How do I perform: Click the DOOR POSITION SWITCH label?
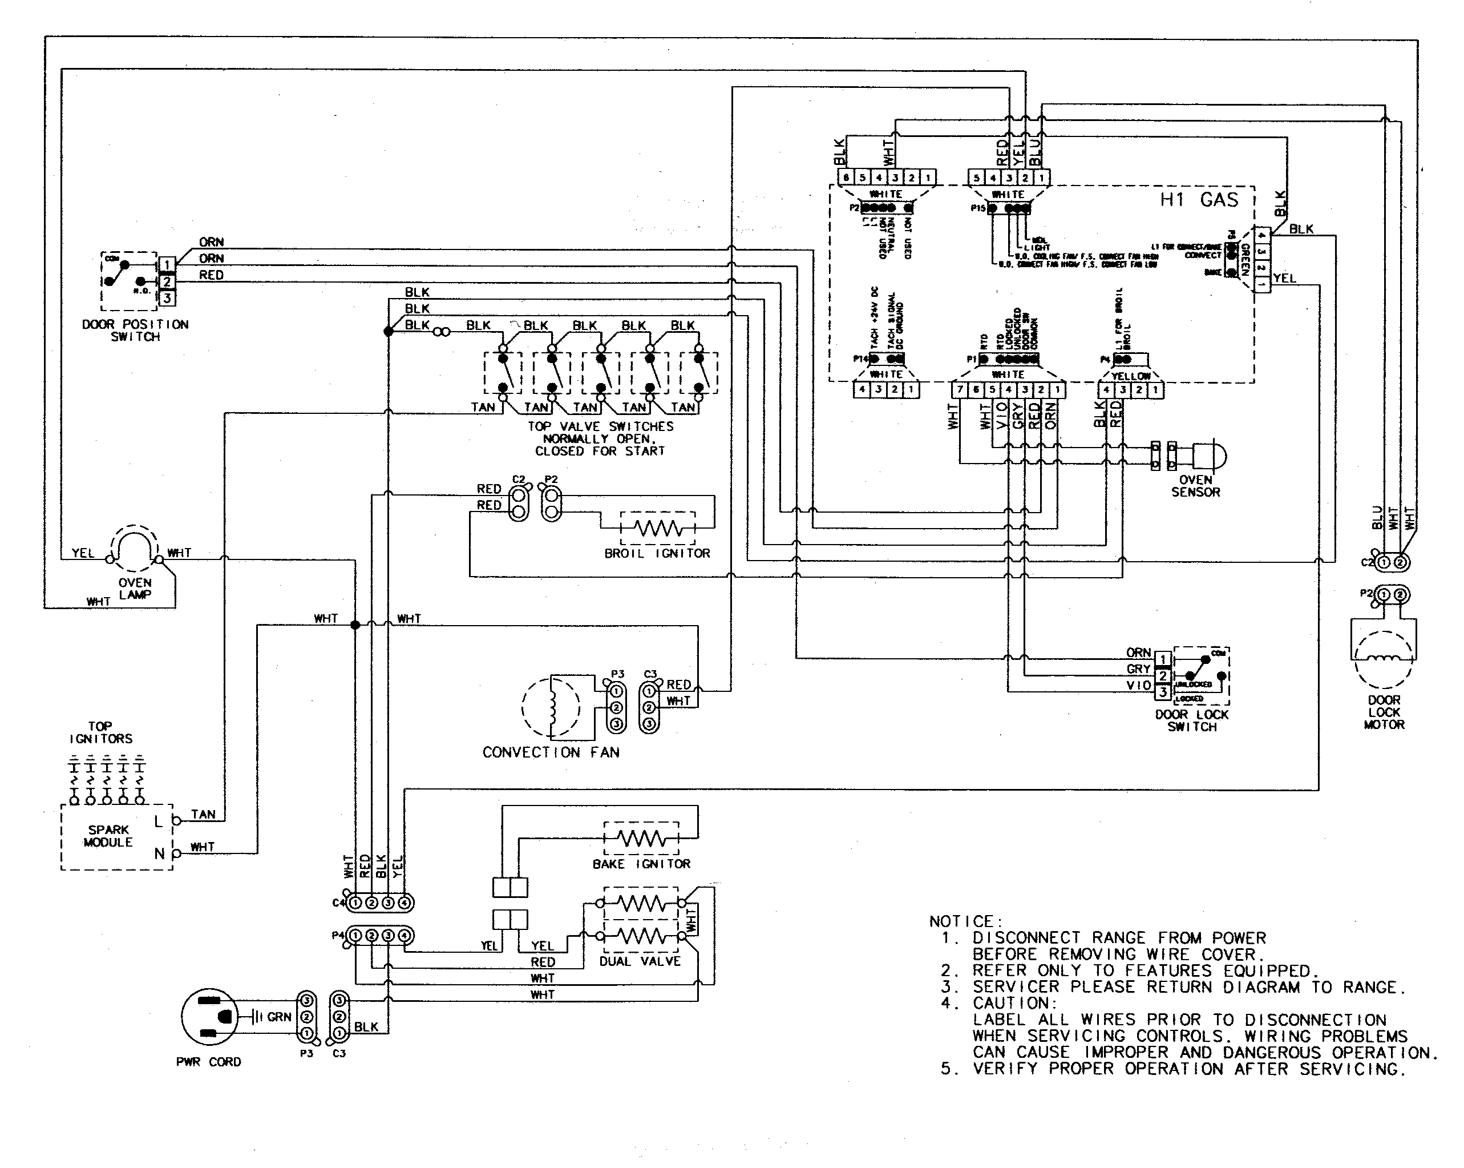[x=135, y=330]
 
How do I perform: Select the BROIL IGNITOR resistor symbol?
[x=657, y=527]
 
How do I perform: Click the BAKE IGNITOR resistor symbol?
[x=641, y=839]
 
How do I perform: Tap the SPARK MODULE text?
[x=108, y=836]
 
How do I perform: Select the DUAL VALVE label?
[x=640, y=961]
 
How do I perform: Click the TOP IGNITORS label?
[x=100, y=732]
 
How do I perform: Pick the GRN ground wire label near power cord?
[x=279, y=1017]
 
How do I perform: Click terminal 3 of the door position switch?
[x=167, y=297]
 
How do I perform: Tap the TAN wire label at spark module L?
[x=203, y=814]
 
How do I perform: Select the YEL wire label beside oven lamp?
[x=83, y=553]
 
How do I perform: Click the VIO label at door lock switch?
[x=1139, y=685]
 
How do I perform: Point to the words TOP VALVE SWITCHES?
[x=600, y=426]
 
